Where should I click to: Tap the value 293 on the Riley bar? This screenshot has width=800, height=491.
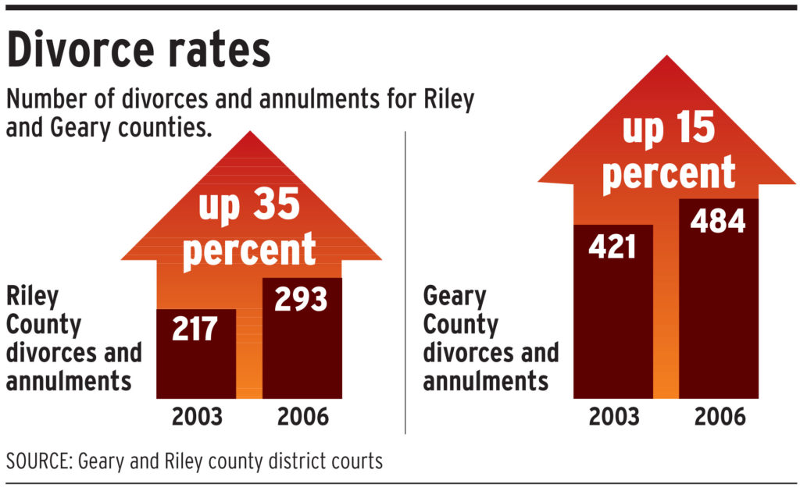point(301,300)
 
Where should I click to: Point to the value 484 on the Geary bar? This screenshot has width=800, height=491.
point(717,221)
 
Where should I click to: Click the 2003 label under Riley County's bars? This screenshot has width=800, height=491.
point(196,417)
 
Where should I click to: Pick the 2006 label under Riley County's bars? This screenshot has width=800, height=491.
point(302,417)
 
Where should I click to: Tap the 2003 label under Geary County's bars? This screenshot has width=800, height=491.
point(613,417)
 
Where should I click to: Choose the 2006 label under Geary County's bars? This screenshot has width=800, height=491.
point(719,417)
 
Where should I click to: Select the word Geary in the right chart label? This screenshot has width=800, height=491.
point(455,297)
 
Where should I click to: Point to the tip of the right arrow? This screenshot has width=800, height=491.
point(666,56)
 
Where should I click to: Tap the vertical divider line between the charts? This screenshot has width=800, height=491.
point(405,281)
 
